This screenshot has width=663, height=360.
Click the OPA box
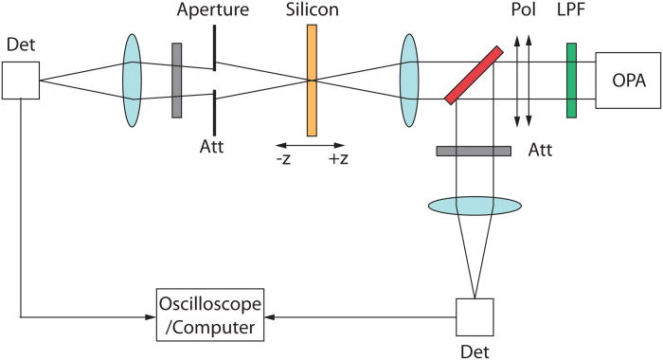pyautogui.click(x=626, y=80)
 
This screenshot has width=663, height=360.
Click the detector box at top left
pyautogui.click(x=20, y=80)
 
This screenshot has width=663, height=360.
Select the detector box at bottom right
pyautogui.click(x=475, y=317)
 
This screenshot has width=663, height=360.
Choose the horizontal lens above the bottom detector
pyautogui.click(x=475, y=205)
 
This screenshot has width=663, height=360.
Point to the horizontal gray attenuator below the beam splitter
pyautogui.click(x=474, y=151)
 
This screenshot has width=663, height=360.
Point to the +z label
pyautogui.click(x=339, y=157)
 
